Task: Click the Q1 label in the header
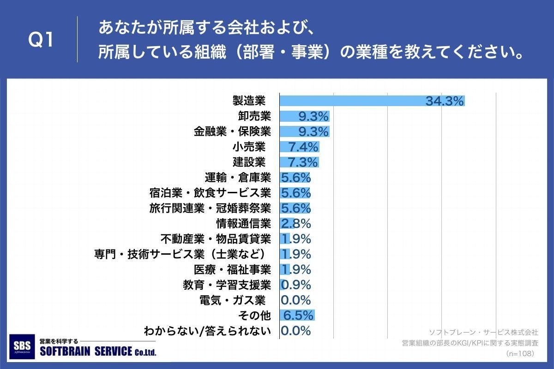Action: point(41,41)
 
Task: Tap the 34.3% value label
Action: point(444,101)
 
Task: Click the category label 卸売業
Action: point(251,116)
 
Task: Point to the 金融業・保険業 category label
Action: point(232,132)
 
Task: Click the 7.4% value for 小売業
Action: point(303,147)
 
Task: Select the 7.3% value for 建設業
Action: point(303,162)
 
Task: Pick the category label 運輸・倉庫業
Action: point(237,178)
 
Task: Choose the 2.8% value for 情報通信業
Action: point(296,224)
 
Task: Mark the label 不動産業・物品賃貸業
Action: point(216,239)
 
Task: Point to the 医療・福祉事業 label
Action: point(232,269)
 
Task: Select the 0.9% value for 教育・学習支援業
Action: point(296,285)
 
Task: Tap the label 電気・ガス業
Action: point(232,300)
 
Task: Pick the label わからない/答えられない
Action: point(207,331)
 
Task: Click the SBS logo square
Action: point(22,346)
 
